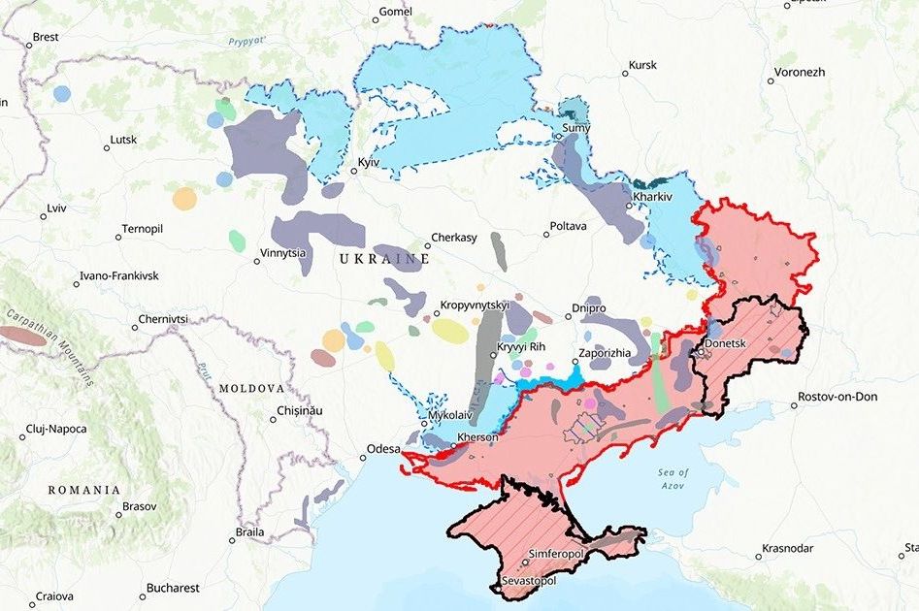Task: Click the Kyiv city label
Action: [x=368, y=161]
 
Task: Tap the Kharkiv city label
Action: [x=651, y=196]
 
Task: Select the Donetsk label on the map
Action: [x=727, y=343]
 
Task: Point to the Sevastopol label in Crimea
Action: [x=529, y=580]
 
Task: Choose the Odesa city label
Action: [x=381, y=449]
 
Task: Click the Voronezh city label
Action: [x=800, y=73]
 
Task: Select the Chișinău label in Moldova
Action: [x=298, y=410]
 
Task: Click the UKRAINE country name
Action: [x=383, y=260]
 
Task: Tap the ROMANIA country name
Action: [x=83, y=490]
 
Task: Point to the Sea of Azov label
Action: [x=672, y=478]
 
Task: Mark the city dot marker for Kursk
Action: [x=626, y=74]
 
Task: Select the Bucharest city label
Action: [x=174, y=588]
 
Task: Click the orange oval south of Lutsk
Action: [x=184, y=199]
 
